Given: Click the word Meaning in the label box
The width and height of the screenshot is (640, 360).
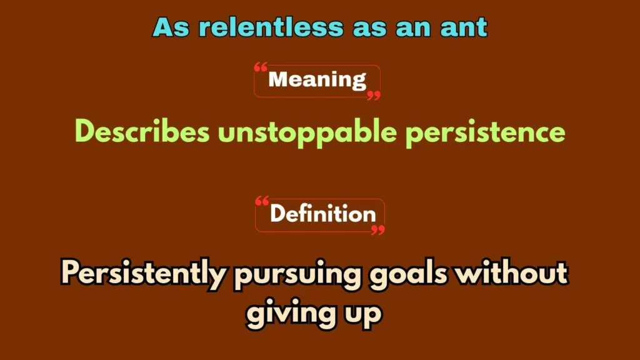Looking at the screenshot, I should coord(317,80).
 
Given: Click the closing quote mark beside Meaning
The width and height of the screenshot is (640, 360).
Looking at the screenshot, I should coord(373,95).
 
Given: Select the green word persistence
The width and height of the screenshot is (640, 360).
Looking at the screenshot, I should coord(486,132).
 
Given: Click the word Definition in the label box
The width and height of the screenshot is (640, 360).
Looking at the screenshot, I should coord(322,214).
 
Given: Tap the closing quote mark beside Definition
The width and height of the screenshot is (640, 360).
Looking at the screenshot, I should coord(377,230).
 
